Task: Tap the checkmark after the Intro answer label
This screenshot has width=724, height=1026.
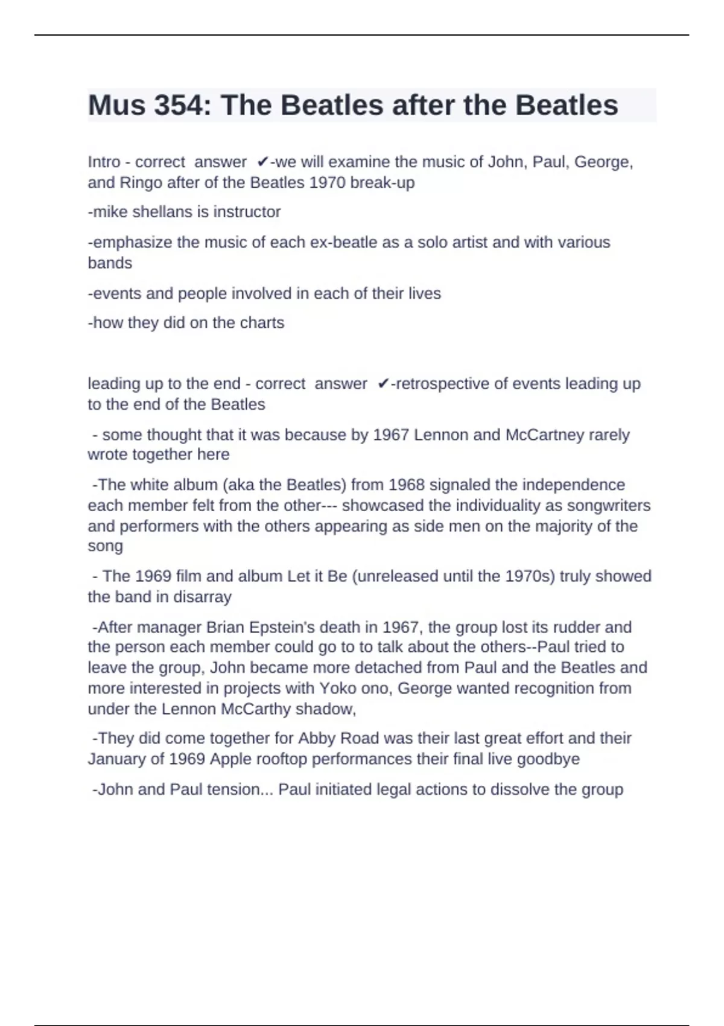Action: tap(262, 162)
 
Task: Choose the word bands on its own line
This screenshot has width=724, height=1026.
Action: tap(110, 263)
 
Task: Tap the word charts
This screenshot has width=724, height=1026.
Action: tap(262, 323)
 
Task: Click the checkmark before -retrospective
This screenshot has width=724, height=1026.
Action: tap(383, 384)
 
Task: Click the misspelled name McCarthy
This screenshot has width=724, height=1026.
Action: tap(256, 709)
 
